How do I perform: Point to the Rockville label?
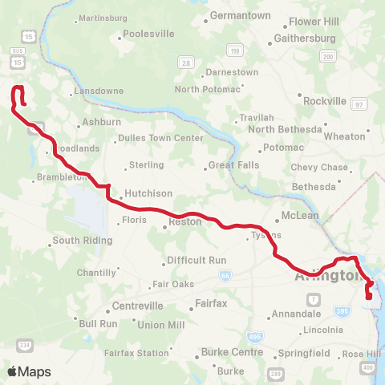[325, 101]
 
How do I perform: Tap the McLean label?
[300, 216]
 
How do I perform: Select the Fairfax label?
[213, 304]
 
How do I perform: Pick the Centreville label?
[137, 306]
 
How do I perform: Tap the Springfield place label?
[303, 353]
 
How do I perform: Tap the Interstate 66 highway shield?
[225, 275]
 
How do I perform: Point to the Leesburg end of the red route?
[23, 103]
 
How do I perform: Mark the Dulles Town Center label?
[160, 138]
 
